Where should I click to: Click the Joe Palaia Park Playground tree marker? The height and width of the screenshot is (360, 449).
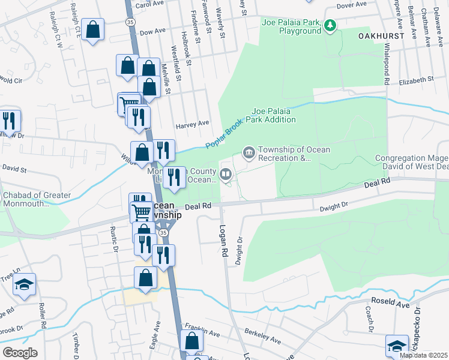click(330, 26)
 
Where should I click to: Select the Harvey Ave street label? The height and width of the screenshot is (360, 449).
click(192, 124)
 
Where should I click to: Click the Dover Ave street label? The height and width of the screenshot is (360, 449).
click(351, 5)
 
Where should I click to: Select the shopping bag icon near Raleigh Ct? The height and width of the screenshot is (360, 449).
click(93, 30)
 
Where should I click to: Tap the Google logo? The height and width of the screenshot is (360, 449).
click(20, 352)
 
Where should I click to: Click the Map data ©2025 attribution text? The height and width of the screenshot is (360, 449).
click(423, 355)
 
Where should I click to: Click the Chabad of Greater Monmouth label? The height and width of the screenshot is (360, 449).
click(37, 199)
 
